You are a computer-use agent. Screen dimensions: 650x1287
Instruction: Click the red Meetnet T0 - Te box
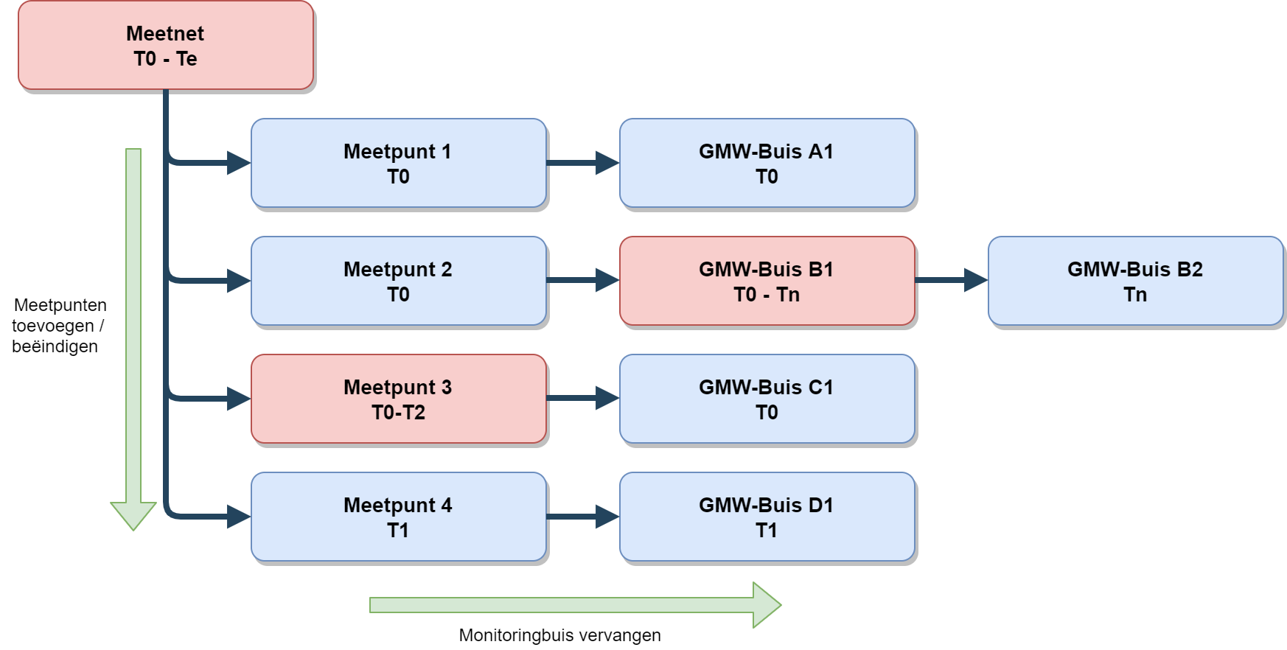(166, 46)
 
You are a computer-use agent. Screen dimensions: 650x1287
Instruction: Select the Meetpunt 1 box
(398, 163)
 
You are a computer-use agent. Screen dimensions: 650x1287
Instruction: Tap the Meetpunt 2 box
(398, 281)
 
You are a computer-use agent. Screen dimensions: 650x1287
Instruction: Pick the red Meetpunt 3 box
(398, 399)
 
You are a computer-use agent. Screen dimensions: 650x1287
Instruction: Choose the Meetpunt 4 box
(398, 517)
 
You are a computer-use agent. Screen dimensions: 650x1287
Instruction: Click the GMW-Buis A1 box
(767, 163)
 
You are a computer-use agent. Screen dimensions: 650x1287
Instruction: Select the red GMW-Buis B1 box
(767, 281)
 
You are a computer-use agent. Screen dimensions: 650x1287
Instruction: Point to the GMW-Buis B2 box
(1135, 281)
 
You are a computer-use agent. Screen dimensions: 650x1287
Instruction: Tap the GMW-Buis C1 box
(767, 399)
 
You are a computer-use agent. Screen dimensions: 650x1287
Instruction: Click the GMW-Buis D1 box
(767, 517)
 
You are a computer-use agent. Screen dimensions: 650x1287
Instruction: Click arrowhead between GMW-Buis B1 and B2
(976, 280)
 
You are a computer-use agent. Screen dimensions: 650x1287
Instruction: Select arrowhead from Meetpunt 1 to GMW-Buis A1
(607, 163)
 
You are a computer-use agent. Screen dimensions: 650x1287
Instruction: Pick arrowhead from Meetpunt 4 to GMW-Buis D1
(607, 517)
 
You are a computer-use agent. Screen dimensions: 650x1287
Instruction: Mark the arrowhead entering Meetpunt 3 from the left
(239, 399)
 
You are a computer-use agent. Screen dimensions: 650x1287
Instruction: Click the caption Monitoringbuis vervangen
(559, 635)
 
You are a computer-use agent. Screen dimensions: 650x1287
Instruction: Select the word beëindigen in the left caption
(55, 346)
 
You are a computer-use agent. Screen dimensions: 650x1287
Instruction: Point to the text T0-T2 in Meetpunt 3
(398, 412)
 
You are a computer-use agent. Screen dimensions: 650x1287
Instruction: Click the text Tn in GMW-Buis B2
(1135, 295)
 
